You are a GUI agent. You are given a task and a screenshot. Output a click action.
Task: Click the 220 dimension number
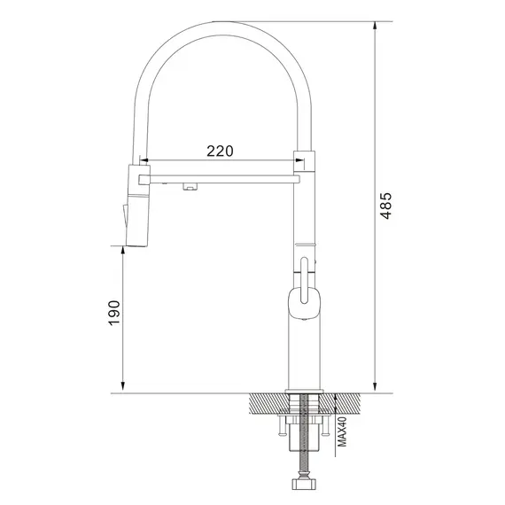click(x=220, y=151)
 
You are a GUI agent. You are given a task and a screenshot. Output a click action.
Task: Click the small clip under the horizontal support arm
click(x=190, y=186)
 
